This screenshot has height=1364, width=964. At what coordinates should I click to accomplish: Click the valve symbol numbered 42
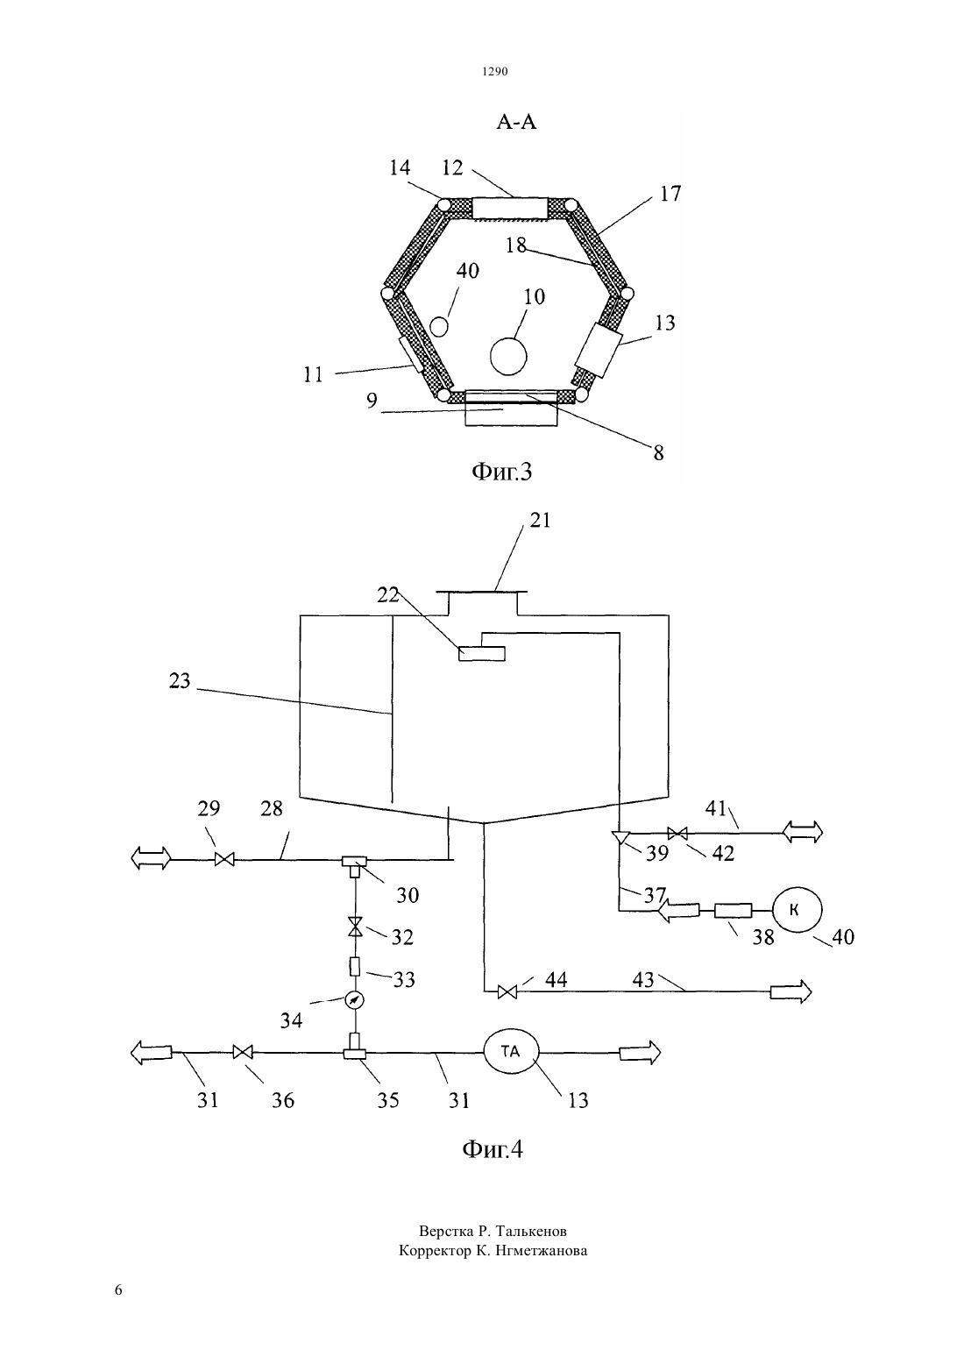(x=677, y=833)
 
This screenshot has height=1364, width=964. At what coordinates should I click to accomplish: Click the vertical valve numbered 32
(x=355, y=927)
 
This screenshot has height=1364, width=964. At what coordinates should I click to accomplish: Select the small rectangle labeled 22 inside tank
(x=481, y=653)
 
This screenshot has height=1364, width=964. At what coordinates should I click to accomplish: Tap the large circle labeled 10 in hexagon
(x=508, y=357)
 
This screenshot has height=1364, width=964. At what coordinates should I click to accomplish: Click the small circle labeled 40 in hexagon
(x=438, y=326)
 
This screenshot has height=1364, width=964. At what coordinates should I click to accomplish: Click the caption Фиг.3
(x=502, y=472)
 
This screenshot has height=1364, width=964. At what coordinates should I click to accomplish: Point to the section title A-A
(x=516, y=123)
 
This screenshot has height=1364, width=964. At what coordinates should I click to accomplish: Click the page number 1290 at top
(x=495, y=71)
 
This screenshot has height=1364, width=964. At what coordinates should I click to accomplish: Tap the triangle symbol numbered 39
(x=620, y=838)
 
